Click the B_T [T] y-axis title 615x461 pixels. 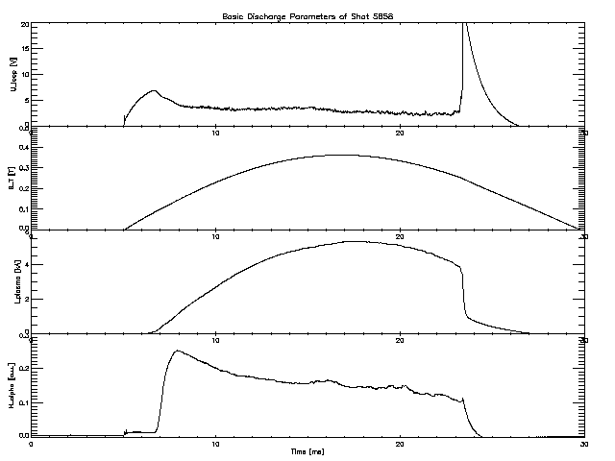11,178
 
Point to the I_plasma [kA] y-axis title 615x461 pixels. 11,281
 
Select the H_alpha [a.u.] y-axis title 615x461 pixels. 11,385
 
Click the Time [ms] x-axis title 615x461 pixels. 307,450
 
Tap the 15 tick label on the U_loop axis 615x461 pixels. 24,49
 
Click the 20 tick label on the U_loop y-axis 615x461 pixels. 24,24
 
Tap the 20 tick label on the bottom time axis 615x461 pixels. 401,444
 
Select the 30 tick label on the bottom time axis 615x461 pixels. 584,444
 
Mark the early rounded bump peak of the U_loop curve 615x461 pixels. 154,91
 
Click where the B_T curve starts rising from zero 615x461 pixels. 124,230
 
